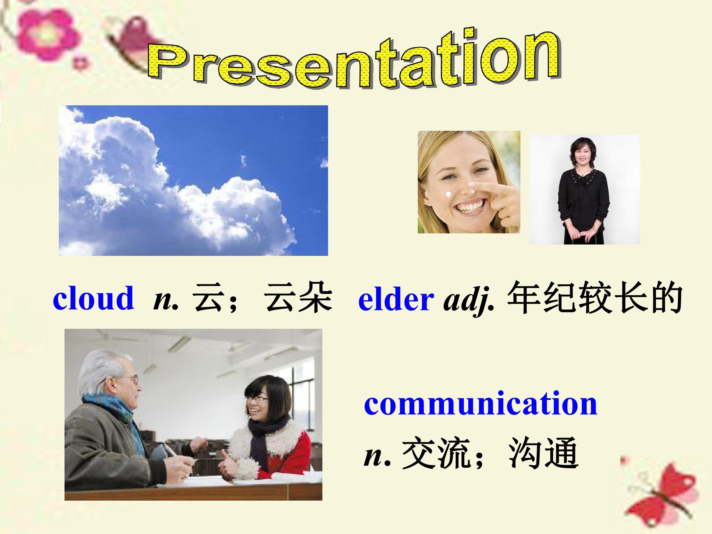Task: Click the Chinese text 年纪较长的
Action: (595, 298)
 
